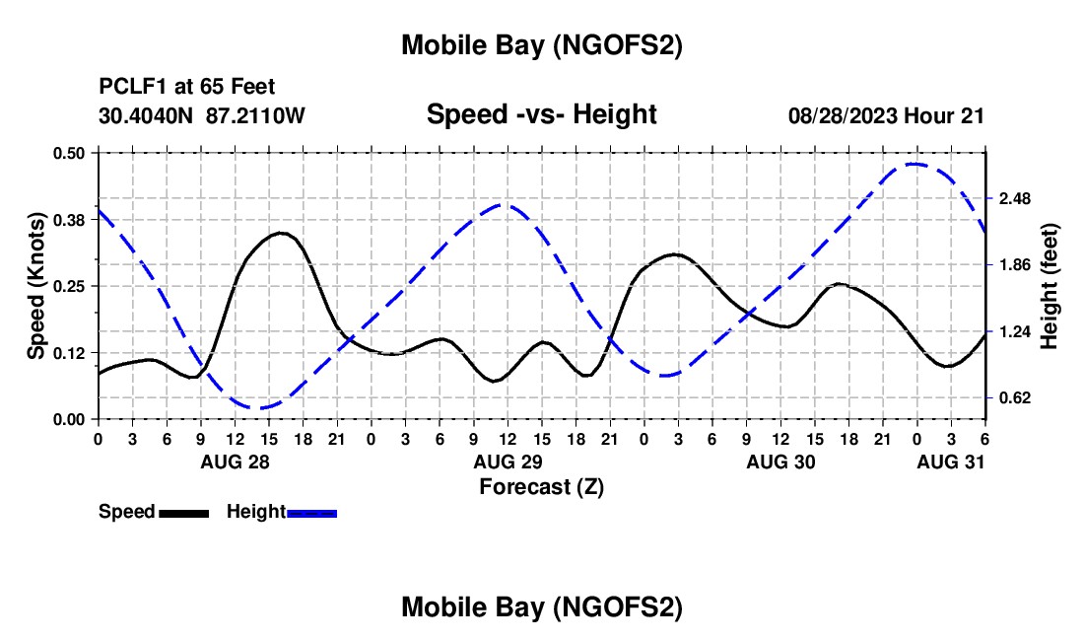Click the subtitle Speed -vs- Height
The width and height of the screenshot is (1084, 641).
[541, 114]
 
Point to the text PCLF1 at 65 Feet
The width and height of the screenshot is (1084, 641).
[187, 87]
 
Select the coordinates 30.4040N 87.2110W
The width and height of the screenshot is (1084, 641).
[202, 115]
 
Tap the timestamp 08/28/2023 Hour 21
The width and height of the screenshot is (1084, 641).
[886, 115]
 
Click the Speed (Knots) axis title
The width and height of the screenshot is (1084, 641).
[36, 286]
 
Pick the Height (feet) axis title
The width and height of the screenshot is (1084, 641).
[1049, 286]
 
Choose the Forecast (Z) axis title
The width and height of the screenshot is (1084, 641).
[541, 486]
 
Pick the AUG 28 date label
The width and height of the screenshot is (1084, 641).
[235, 462]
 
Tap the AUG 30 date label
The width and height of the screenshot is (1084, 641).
[780, 462]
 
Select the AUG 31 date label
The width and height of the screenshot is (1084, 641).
[951, 462]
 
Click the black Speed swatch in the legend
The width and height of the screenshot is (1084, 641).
[183, 513]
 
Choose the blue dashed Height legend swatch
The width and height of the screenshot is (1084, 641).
[312, 513]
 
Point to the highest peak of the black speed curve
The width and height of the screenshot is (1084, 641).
[281, 233]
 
